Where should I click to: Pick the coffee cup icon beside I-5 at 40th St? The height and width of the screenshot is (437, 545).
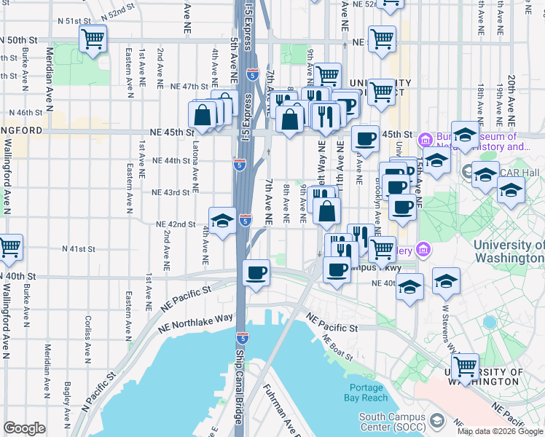256,273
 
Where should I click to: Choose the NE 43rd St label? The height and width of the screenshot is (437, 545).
170,192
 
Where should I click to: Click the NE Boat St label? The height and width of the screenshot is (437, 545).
337,347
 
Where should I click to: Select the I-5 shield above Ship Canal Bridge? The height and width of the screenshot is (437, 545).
242,339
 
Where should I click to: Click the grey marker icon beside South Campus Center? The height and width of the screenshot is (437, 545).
436,421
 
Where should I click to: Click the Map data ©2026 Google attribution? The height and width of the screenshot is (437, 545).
500,431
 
